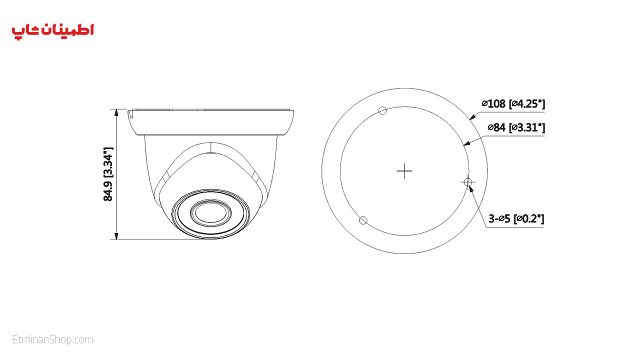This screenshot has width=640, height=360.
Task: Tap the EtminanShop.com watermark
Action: pyautogui.click(x=52, y=339)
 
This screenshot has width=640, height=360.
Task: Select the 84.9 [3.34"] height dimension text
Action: pyautogui.click(x=108, y=174)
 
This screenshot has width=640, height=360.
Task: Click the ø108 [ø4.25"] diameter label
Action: pyautogui.click(x=513, y=103)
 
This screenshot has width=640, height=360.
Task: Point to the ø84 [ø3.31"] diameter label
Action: pyautogui.click(x=516, y=127)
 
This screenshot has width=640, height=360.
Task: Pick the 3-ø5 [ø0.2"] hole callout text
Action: pyautogui.click(x=516, y=219)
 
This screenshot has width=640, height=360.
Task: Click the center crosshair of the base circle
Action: pyautogui.click(x=404, y=171)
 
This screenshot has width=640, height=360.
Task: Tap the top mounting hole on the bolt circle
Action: pyautogui.click(x=382, y=110)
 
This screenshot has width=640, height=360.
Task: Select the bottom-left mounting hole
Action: pyautogui.click(x=363, y=220)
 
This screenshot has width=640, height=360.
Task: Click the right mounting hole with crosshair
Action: pyautogui.click(x=467, y=182)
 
